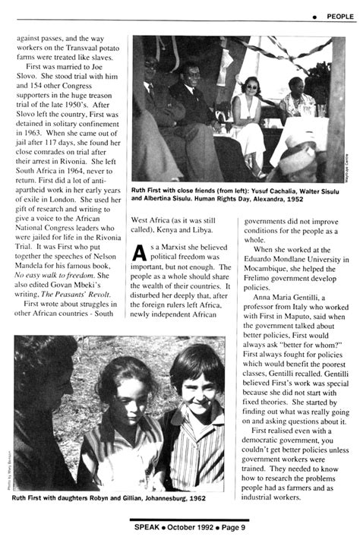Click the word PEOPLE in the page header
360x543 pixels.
coord(339,16)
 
